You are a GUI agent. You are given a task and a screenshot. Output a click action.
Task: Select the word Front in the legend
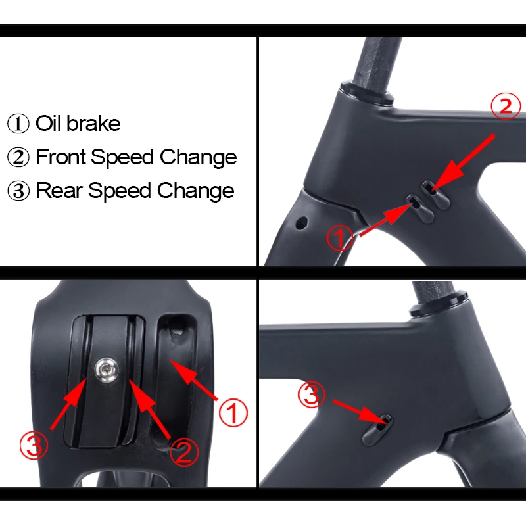[61, 157]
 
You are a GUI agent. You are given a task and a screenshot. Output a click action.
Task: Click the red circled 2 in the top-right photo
[506, 107]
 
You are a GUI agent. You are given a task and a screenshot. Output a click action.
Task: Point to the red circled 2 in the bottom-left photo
[184, 452]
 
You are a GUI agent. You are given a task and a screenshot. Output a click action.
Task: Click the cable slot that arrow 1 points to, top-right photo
[414, 203]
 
